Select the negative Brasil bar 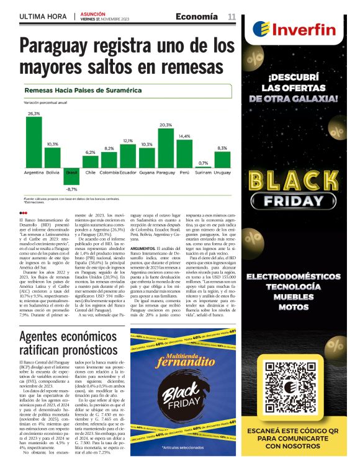(71, 175)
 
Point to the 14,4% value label (184, 136)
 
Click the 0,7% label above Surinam (203, 163)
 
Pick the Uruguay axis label (222, 172)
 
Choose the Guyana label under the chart (147, 172)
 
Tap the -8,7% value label (71, 189)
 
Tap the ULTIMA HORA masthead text (44, 16)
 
